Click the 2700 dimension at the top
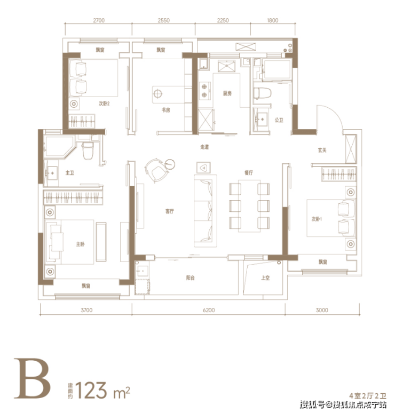point(99,20)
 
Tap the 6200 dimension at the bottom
point(209,310)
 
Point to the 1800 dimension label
point(272,20)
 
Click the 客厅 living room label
point(169,211)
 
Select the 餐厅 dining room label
point(249,173)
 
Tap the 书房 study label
point(165,110)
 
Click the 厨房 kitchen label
point(227,93)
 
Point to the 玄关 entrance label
point(322,150)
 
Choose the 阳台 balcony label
point(190,277)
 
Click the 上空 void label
point(265,277)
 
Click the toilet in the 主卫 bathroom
point(88,150)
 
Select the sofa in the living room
point(206,211)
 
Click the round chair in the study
point(156,171)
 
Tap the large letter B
point(32,378)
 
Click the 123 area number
point(91,390)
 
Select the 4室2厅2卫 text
point(368,395)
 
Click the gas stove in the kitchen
point(204,91)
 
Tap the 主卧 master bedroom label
point(80,244)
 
